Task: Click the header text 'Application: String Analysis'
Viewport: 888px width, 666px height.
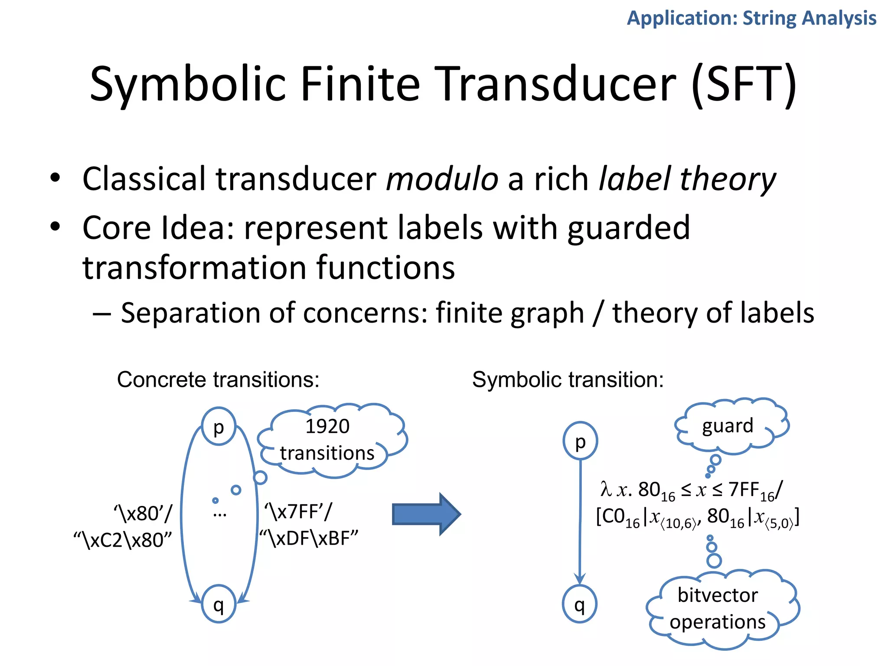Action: (x=751, y=18)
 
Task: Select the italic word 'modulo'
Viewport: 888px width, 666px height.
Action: (x=442, y=179)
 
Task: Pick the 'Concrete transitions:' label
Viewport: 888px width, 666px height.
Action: (x=218, y=380)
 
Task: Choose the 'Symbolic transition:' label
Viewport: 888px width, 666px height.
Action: (x=568, y=380)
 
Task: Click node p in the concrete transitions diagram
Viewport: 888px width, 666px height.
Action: (x=219, y=427)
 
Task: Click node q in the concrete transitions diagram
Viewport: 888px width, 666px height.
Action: (x=219, y=604)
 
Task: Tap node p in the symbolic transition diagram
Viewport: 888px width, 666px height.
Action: (x=580, y=441)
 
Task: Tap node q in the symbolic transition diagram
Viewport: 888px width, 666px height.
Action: (x=580, y=604)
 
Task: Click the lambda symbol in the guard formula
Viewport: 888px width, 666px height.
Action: (x=606, y=489)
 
